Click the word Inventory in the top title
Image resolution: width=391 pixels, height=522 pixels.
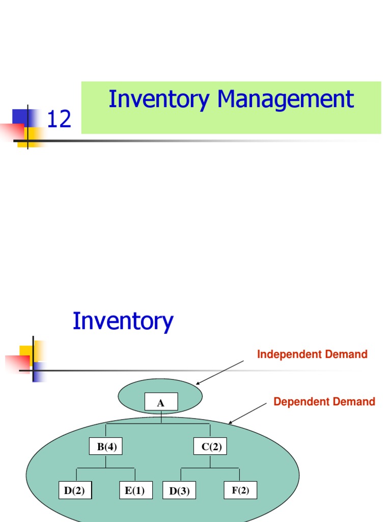[x=158, y=99]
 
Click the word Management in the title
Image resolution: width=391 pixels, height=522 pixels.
[x=285, y=99]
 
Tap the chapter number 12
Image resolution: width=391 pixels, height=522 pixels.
[x=59, y=120]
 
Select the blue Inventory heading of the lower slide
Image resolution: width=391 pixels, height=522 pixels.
[x=123, y=322]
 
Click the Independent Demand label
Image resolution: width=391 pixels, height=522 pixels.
[x=312, y=354]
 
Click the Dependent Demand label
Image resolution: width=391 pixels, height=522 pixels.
[x=324, y=402]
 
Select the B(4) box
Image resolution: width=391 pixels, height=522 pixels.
[x=106, y=447]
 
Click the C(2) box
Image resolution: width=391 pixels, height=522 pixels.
[x=210, y=447]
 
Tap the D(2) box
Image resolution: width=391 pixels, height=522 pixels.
[x=74, y=491]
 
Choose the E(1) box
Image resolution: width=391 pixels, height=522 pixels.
[x=135, y=491]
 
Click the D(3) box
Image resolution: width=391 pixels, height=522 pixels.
[x=179, y=491]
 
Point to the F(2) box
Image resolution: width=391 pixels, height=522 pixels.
[x=240, y=490]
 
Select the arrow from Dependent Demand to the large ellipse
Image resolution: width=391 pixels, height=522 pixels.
[x=247, y=413]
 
